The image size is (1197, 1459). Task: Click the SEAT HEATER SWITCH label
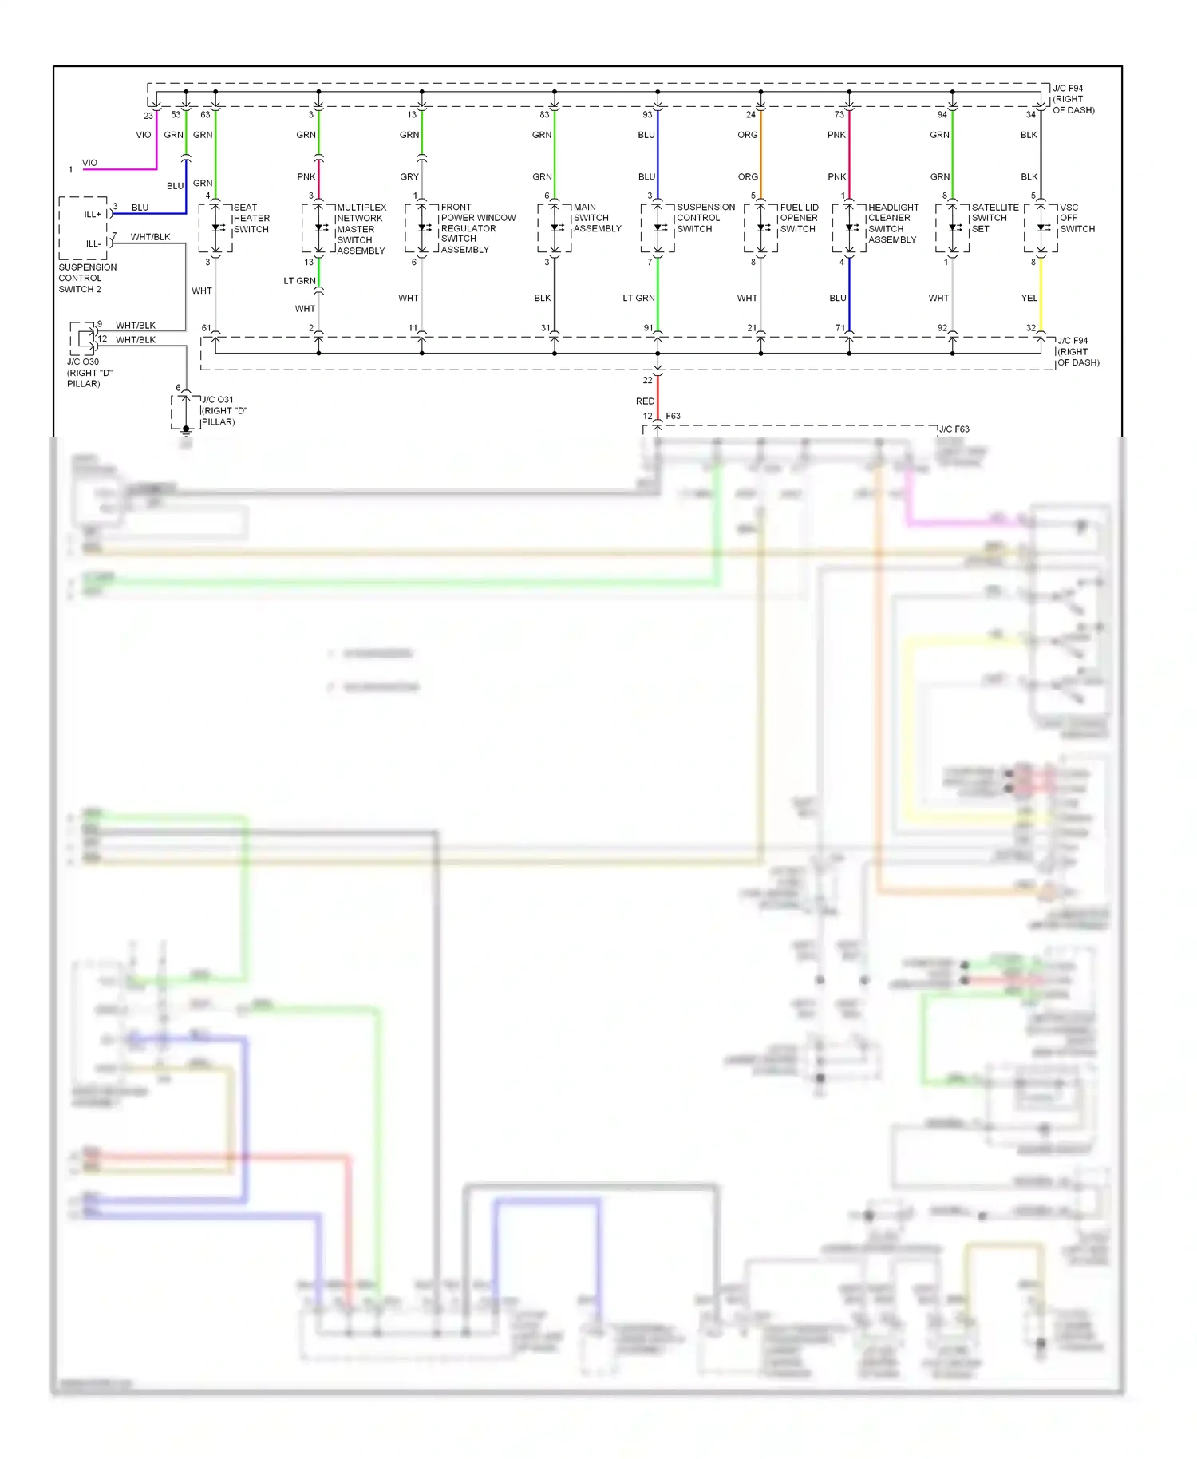(251, 218)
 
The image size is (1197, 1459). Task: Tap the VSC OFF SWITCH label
(1077, 218)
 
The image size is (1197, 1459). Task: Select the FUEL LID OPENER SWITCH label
(799, 218)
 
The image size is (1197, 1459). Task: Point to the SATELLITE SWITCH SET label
(994, 218)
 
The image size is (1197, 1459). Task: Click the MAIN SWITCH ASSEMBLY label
(596, 218)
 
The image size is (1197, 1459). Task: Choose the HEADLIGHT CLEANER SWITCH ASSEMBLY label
(893, 223)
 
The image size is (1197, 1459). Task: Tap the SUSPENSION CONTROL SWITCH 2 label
(87, 279)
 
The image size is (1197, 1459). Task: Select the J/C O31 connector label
(223, 411)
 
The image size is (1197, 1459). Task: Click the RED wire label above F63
(645, 401)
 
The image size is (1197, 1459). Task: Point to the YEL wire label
(1029, 299)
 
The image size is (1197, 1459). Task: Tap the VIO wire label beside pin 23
(144, 135)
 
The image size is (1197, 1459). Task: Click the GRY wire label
(409, 177)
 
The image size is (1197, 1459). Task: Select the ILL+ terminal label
(93, 215)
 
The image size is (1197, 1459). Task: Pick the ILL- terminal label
(93, 244)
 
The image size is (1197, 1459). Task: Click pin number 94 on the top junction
(942, 115)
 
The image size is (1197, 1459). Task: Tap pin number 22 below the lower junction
(647, 381)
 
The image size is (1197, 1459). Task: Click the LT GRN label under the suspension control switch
(638, 299)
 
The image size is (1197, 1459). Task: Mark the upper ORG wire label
(747, 135)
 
